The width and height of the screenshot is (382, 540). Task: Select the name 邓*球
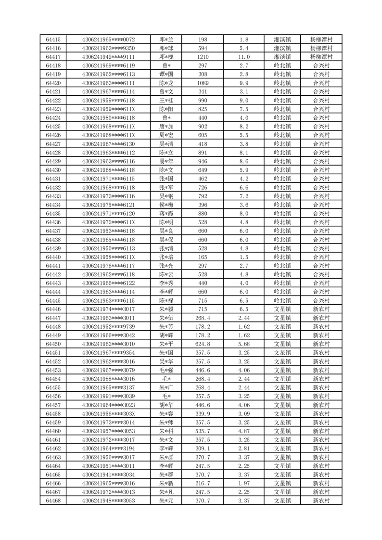(166, 48)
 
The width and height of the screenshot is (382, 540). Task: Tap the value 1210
(203, 57)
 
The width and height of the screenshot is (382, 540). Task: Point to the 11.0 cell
(244, 57)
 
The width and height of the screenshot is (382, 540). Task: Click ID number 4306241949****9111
(108, 57)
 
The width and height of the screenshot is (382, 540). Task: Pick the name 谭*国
(166, 74)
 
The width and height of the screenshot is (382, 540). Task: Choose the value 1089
(203, 83)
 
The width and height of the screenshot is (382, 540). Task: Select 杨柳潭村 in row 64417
(321, 57)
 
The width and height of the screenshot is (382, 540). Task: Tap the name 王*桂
(166, 100)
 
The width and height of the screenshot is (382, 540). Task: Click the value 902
(203, 127)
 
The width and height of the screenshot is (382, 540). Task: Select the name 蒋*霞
(166, 213)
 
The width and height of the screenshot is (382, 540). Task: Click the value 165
(203, 257)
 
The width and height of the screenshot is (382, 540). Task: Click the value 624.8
(203, 344)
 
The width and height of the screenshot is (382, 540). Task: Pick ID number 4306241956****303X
(108, 413)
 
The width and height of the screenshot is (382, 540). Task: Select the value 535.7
(203, 431)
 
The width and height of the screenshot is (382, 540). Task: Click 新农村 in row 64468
(321, 501)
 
